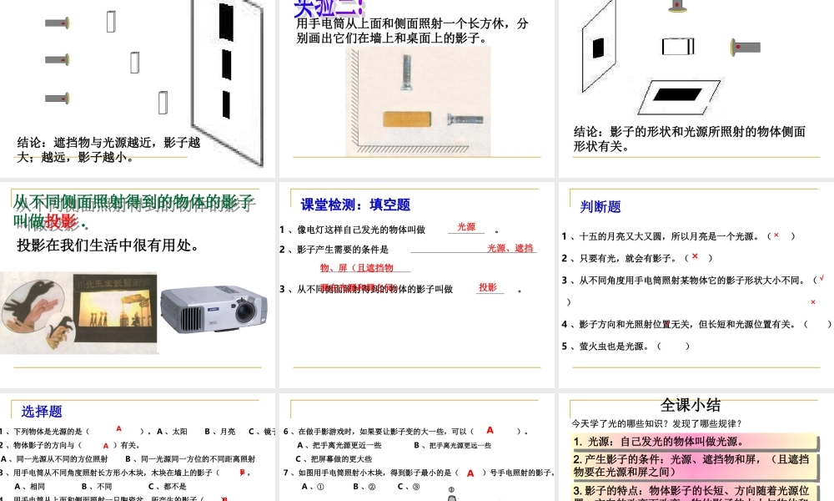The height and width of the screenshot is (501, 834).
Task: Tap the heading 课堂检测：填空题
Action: click(x=355, y=205)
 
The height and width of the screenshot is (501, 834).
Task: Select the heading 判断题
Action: click(x=600, y=206)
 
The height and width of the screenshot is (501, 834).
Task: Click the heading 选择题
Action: click(x=42, y=411)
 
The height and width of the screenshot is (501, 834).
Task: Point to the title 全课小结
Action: click(x=691, y=405)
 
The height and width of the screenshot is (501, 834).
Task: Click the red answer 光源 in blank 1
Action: click(x=466, y=227)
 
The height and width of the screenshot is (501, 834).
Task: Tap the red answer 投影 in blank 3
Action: click(x=488, y=287)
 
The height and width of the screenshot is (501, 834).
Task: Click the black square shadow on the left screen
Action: click(x=598, y=48)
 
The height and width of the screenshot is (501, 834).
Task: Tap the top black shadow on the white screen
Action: click(x=225, y=20)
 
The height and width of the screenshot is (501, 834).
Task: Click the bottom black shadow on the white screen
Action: click(x=225, y=102)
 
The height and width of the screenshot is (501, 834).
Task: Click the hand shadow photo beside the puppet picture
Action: click(x=33, y=309)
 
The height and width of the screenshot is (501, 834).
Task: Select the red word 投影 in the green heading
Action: click(x=61, y=221)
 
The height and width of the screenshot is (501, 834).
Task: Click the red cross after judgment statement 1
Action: click(x=776, y=235)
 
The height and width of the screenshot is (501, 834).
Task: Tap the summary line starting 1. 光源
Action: click(x=658, y=442)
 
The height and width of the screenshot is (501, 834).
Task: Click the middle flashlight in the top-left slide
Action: click(x=57, y=59)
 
